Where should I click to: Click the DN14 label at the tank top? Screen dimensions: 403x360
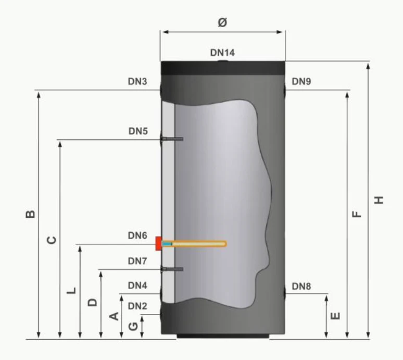(x=222, y=53)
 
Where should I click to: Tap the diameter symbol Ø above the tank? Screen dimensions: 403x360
(x=222, y=22)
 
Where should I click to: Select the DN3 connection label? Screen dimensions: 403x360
(x=137, y=81)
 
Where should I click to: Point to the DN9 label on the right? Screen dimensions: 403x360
(x=301, y=81)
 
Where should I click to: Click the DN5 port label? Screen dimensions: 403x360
(x=138, y=131)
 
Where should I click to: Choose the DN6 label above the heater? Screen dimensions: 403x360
(x=137, y=235)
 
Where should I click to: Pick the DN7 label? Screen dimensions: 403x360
(x=137, y=260)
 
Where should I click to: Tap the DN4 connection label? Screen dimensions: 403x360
(x=137, y=285)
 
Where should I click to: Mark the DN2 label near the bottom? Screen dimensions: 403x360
(x=137, y=306)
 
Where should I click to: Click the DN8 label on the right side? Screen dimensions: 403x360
(x=301, y=286)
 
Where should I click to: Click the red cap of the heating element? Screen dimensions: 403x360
(x=158, y=243)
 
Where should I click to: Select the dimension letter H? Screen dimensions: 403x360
(x=379, y=200)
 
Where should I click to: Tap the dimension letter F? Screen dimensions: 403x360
(x=357, y=214)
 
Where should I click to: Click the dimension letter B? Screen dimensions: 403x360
(x=30, y=214)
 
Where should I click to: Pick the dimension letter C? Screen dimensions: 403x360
(x=52, y=240)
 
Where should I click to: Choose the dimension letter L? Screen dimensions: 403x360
(x=71, y=291)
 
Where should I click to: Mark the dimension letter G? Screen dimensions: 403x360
(x=133, y=326)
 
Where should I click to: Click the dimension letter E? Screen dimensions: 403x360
(x=335, y=316)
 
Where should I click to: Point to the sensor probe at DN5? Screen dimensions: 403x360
(x=172, y=139)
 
